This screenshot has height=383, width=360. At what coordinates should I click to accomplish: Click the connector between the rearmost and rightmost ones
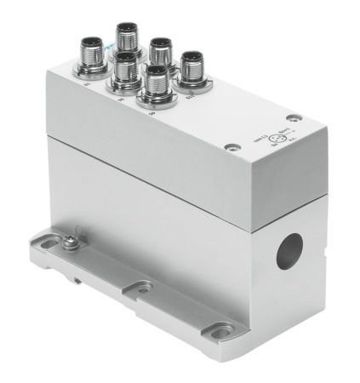[x=159, y=49]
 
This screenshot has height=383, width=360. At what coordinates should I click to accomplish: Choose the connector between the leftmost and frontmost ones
[x=123, y=67]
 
